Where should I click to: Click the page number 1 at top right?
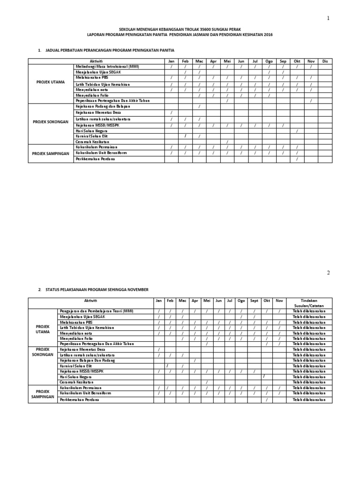[329, 18]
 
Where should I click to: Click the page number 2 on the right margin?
[329, 273]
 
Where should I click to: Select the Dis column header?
[325, 61]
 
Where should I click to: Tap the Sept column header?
[254, 300]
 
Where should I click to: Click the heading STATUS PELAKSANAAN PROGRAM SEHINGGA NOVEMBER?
[97, 290]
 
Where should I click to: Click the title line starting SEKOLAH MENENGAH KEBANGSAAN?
[180, 29]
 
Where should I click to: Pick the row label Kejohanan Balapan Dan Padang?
[88, 360]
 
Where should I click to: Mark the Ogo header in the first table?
[269, 61]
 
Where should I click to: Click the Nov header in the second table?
[279, 300]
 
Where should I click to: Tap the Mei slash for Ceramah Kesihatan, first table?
[227, 142]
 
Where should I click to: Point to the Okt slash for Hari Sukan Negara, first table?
[297, 130]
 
